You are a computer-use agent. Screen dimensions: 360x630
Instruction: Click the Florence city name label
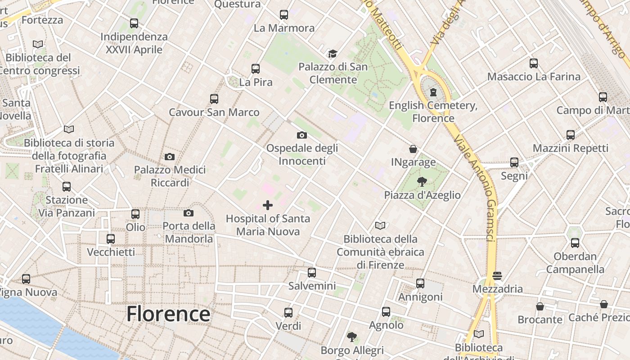tap(168, 314)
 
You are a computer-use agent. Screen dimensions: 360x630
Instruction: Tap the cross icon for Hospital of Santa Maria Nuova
tap(268, 206)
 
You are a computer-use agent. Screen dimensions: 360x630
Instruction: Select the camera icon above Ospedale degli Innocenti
tap(302, 135)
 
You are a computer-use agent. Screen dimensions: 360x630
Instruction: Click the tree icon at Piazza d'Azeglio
tap(422, 182)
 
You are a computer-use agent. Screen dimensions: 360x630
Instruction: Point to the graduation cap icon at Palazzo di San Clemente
tap(333, 54)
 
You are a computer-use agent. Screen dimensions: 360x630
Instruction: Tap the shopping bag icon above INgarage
tap(413, 149)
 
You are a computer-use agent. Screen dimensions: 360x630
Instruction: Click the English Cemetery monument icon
tap(433, 92)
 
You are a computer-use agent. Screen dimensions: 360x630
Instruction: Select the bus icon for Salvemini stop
tap(311, 273)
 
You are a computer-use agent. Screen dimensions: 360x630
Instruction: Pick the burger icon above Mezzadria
tap(497, 275)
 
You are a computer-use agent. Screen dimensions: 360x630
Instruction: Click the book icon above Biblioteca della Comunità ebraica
tap(380, 225)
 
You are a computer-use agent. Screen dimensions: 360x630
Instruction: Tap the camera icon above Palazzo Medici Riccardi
tap(170, 157)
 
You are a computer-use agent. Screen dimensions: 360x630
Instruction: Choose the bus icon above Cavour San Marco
tap(214, 99)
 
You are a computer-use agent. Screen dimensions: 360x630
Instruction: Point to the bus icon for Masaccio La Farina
tap(534, 63)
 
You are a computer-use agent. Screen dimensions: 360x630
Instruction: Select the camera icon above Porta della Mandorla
tap(189, 213)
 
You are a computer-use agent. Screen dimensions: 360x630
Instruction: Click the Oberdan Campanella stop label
tap(575, 263)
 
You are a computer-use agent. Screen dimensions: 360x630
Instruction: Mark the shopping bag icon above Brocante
tap(540, 306)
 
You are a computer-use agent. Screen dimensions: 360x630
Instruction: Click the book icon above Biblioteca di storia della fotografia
tap(68, 130)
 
